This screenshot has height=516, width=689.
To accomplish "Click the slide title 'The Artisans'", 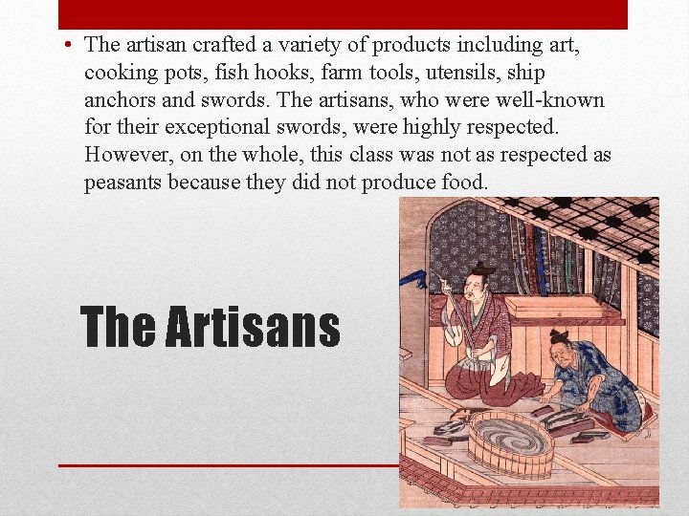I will [x=211, y=327].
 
